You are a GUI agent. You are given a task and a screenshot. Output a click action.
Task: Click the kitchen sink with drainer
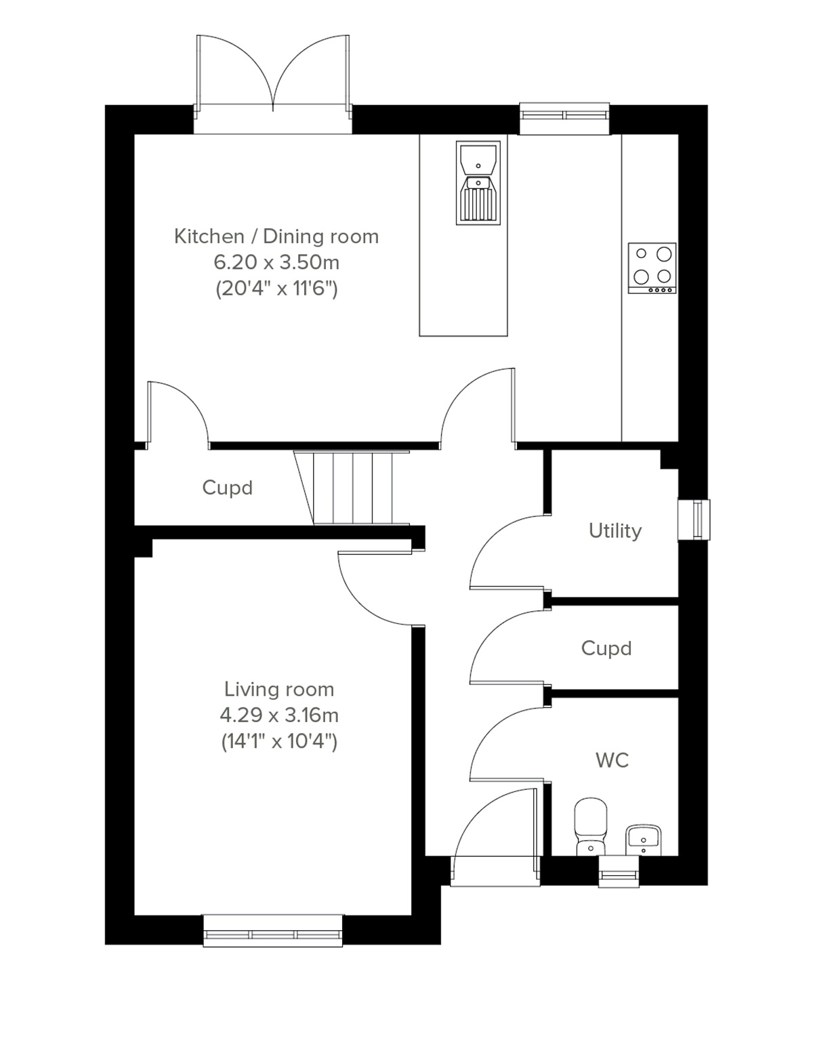point(478,183)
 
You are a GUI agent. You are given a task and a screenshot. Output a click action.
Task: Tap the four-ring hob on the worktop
point(652,268)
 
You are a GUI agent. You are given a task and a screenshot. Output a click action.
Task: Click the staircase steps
point(352,488)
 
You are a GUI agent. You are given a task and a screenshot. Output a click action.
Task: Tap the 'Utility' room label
point(614,530)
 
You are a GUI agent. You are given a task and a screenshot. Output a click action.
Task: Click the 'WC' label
point(612,760)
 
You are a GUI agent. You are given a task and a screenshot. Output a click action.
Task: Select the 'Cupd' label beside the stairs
point(227,488)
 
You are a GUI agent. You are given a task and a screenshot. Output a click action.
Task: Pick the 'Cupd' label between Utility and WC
point(606,648)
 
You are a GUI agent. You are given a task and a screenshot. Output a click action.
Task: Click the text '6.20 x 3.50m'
point(276,262)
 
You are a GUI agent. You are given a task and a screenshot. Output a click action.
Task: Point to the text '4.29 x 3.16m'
point(278,715)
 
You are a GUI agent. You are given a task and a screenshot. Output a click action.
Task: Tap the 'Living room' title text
point(278,689)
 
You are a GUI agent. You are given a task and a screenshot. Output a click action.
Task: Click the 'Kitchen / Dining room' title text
point(276,236)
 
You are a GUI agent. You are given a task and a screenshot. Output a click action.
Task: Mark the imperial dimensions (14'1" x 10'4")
point(278,741)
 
